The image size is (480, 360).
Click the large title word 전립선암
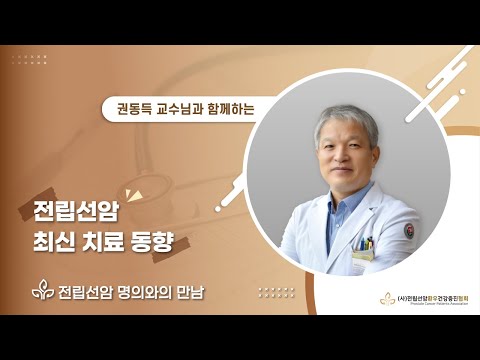(x=71, y=211)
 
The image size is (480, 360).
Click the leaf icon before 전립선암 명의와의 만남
(x=42, y=292)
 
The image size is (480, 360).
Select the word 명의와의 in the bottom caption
(x=148, y=292)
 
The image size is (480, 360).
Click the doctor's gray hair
(x=346, y=122)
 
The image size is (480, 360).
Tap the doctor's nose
(x=350, y=157)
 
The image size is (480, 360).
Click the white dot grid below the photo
(x=276, y=291)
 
